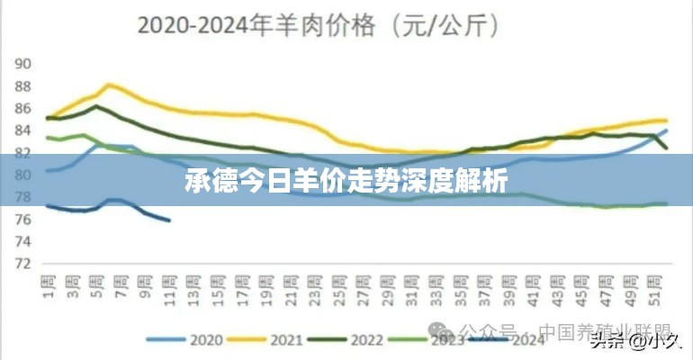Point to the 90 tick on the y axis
tap(23, 64)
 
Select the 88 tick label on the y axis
tap(23, 86)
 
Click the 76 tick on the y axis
tap(23, 220)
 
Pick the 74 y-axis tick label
tap(23, 241)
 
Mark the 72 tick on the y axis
tap(23, 264)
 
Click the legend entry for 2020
tap(193, 340)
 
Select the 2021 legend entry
tap(272, 340)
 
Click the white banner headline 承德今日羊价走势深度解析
tap(346, 183)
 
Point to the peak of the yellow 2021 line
tap(109, 85)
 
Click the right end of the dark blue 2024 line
tap(169, 220)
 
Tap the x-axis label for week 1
tap(46, 285)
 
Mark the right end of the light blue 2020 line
tap(667, 130)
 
